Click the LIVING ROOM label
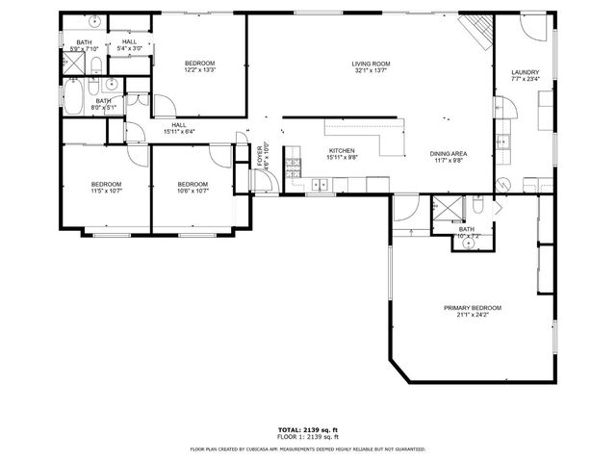[x=371, y=64]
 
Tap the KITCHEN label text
[x=343, y=151]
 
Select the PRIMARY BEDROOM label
[x=472, y=308]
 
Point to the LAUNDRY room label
[x=525, y=71]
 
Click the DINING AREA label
[x=448, y=154]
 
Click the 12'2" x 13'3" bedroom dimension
[x=199, y=70]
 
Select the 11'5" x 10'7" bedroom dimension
[x=106, y=191]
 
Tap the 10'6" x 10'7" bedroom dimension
[x=192, y=191]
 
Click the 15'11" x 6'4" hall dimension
[x=180, y=132]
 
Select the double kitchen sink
[x=318, y=183]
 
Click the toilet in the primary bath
[x=477, y=206]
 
